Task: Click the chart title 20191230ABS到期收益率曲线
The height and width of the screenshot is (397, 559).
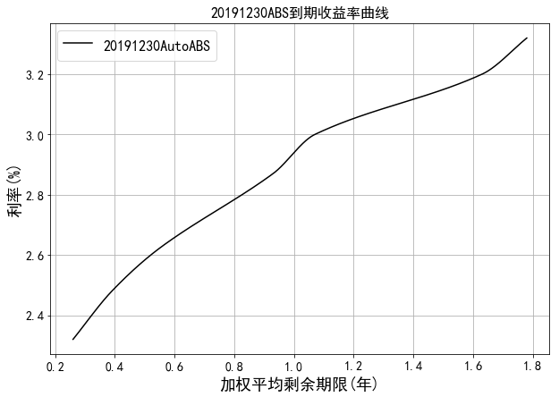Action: tap(300, 13)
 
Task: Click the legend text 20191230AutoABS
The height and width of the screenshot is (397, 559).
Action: tap(157, 46)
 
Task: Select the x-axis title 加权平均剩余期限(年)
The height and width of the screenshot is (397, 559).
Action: tap(299, 384)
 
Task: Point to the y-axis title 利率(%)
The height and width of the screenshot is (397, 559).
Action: tap(15, 192)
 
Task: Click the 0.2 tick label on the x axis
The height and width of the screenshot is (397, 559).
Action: tap(55, 367)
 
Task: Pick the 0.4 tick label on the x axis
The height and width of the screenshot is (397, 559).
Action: tap(114, 367)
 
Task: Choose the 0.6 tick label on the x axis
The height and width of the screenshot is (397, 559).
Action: tap(174, 367)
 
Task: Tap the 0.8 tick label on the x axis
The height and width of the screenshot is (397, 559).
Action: tap(234, 367)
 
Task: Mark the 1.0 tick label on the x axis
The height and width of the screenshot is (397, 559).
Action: tap(294, 367)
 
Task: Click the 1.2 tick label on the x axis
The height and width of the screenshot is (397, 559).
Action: tap(353, 367)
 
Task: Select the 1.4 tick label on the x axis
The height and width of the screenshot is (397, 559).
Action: tap(413, 367)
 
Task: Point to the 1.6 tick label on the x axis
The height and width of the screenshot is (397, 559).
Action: tap(473, 367)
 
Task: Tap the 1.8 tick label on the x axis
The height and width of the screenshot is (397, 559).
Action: tap(533, 367)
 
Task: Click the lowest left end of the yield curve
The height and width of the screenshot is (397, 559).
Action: tap(72, 339)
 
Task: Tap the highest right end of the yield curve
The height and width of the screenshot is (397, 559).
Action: tap(527, 38)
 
